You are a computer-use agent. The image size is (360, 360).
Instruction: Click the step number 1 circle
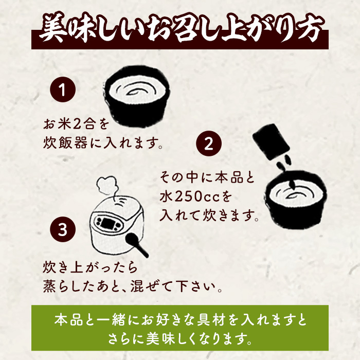click(x=62, y=91)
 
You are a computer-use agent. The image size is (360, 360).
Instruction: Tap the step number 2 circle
click(x=209, y=144)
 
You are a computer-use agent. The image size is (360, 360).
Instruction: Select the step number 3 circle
click(x=62, y=230)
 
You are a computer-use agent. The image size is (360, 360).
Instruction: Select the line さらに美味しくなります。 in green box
click(x=180, y=339)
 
